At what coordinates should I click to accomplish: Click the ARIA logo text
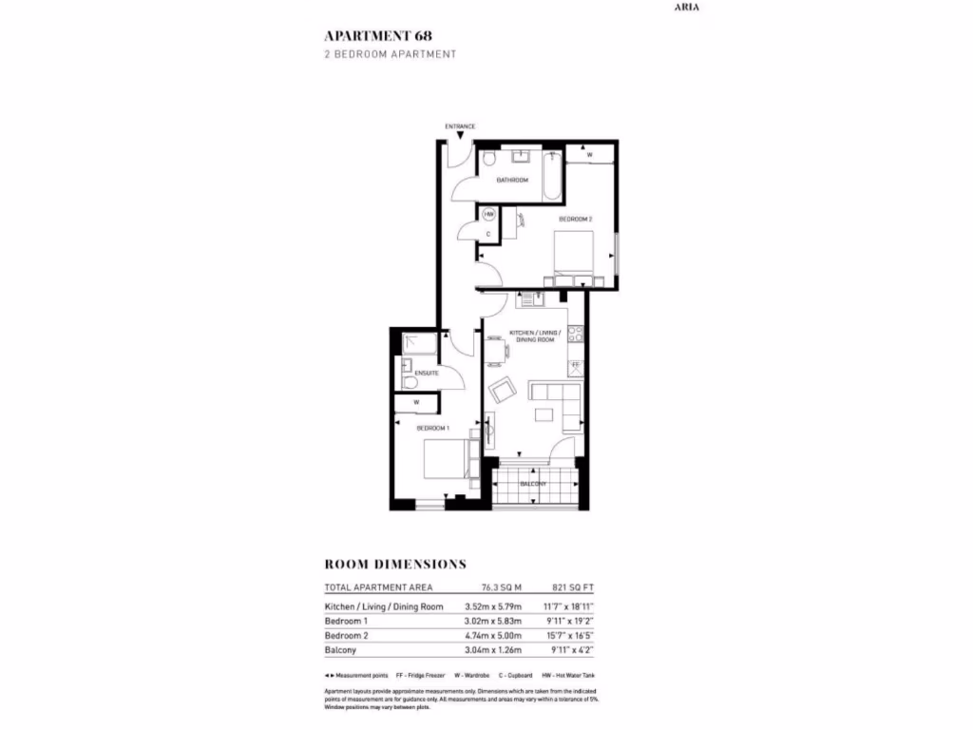tap(688, 7)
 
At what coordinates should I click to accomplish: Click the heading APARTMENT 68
tap(377, 35)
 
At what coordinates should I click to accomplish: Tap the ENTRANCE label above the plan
tap(460, 126)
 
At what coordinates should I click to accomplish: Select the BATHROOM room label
tap(512, 180)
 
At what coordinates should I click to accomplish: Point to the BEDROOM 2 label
tap(575, 220)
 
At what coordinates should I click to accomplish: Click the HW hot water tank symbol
tap(489, 215)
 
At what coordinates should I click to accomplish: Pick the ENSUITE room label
tap(426, 373)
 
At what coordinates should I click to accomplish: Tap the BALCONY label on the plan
tap(533, 484)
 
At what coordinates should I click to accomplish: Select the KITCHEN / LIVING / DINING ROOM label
tap(534, 336)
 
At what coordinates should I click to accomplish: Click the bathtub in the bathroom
tap(553, 176)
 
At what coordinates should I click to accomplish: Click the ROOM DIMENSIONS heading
tap(395, 564)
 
